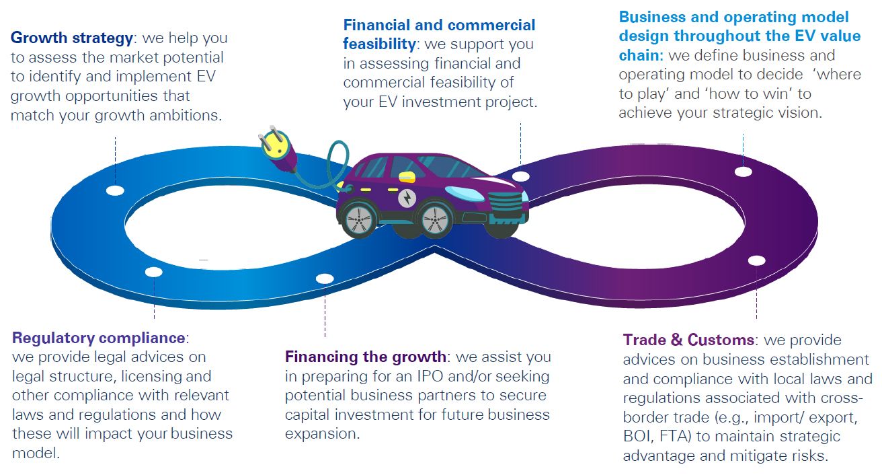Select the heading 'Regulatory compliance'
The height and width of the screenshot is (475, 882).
99,337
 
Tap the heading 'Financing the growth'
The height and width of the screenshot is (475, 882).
365,357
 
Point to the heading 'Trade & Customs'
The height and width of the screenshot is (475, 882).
688,340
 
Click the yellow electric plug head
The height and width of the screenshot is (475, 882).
274,145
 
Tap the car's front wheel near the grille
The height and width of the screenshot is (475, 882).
435,219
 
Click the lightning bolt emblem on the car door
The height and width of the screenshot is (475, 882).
407,198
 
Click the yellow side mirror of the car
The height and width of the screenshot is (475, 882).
405,177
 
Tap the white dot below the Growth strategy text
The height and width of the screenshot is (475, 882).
115,190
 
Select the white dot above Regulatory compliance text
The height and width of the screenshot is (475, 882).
154,272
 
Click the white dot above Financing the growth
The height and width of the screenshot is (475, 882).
325,278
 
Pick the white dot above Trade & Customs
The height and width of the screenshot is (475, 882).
756,260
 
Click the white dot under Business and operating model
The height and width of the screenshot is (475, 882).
743,172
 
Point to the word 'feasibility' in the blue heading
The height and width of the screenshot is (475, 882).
379,44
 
